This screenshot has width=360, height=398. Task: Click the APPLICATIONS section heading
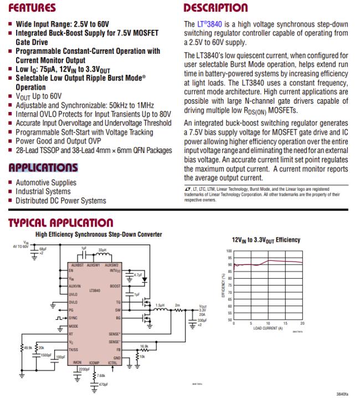[43, 167]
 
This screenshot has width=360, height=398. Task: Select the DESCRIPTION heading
[215, 8]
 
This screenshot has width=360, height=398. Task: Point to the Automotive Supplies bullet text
[46, 182]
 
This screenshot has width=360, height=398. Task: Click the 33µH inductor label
[102, 249]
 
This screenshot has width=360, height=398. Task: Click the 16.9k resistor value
[144, 346]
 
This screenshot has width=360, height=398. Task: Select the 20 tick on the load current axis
[302, 323]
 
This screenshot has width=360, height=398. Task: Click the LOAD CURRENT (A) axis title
[268, 328]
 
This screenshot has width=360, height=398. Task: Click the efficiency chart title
[265, 240]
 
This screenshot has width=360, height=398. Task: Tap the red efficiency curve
[271, 261]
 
